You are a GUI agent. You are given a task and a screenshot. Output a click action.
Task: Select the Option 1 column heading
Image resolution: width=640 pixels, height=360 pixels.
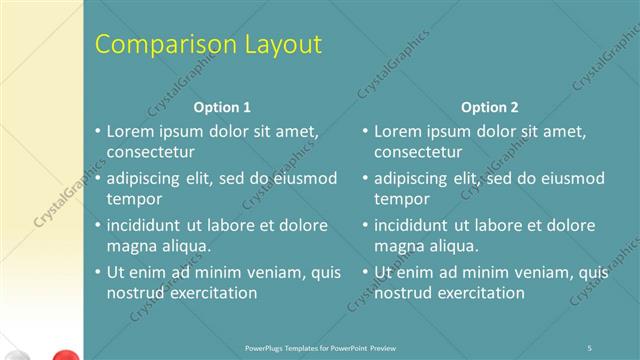click(222, 107)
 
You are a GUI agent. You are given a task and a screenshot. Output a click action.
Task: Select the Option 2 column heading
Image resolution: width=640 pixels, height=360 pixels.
click(490, 107)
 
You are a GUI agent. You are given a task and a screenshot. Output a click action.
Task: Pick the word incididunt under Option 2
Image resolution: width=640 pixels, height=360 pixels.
click(415, 225)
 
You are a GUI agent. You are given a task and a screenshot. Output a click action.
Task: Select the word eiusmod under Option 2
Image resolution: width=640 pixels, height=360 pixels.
click(570, 179)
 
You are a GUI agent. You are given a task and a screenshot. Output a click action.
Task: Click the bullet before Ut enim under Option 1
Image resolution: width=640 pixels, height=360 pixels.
click(97, 272)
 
